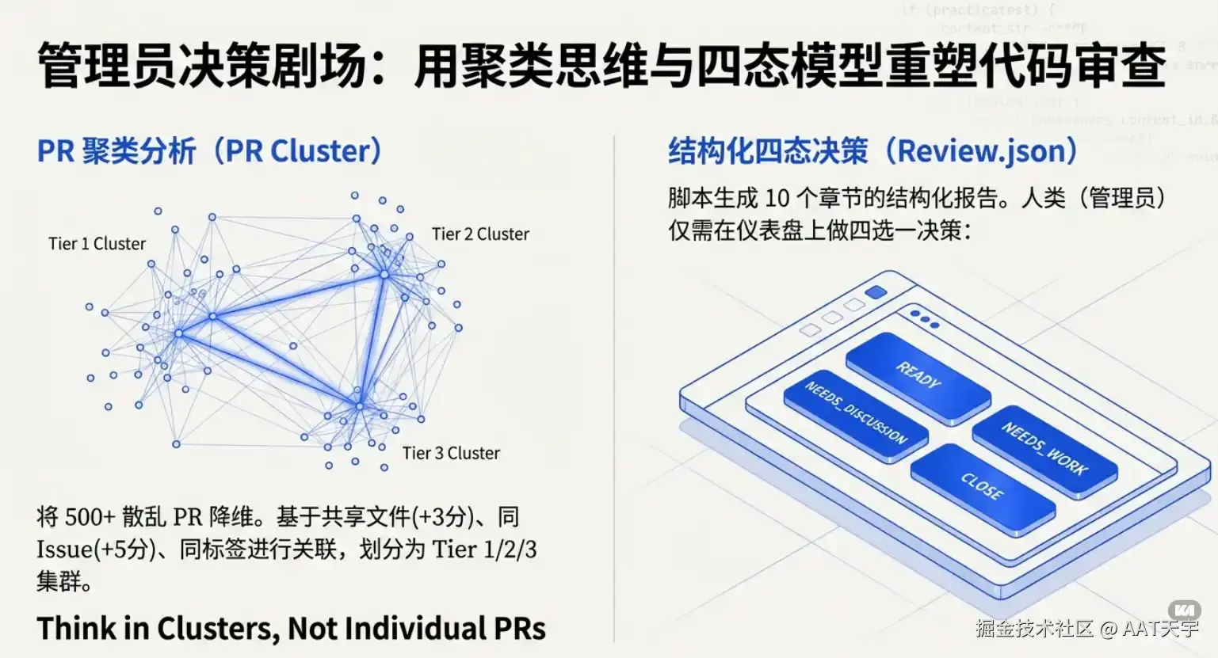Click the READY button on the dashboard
point(918,375)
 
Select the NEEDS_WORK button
point(1044,449)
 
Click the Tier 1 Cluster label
point(97,244)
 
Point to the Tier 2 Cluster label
point(480,234)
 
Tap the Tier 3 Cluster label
point(451,454)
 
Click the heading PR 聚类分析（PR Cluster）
point(210,151)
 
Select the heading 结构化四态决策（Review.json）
point(872,150)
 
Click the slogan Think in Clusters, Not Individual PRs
point(291,629)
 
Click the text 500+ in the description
point(90,517)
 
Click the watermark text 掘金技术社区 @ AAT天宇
point(1086,629)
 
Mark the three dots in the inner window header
point(924,319)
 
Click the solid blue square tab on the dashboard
point(876,292)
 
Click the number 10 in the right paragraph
point(777,198)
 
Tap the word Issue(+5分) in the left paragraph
point(95,550)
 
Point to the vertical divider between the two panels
point(614,388)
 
